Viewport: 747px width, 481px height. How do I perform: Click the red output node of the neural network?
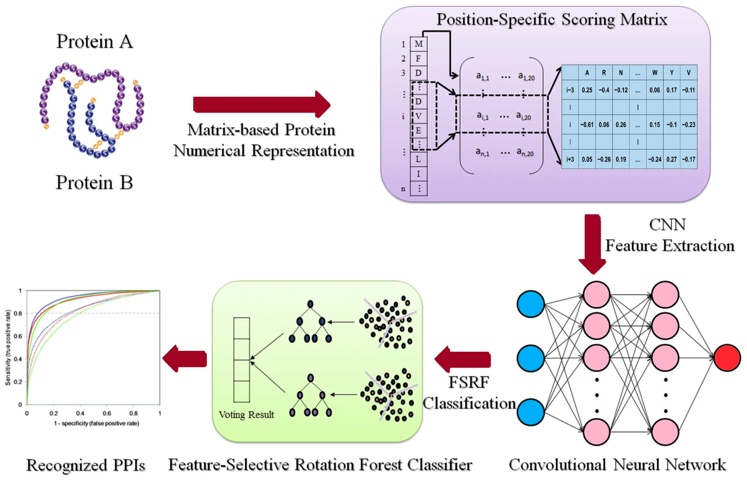pyautogui.click(x=727, y=358)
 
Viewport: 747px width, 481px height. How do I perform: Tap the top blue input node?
pyautogui.click(x=530, y=304)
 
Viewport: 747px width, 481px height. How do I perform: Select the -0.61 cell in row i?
pyautogui.click(x=587, y=125)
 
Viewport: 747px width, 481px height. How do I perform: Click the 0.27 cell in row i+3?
pyautogui.click(x=671, y=159)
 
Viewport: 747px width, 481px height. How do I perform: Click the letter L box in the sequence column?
pyautogui.click(x=418, y=159)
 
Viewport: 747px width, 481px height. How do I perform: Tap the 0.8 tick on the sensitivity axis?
pyautogui.click(x=20, y=313)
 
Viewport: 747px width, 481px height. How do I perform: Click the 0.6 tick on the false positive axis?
pyautogui.click(x=107, y=413)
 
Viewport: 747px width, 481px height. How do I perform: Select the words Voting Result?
pyautogui.click(x=246, y=415)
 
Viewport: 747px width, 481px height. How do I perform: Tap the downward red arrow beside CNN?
pyautogui.click(x=592, y=244)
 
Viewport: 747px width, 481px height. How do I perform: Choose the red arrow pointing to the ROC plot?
pyautogui.click(x=185, y=359)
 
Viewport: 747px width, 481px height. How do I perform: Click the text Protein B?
pyautogui.click(x=94, y=182)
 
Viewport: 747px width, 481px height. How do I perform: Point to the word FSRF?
pyautogui.click(x=469, y=382)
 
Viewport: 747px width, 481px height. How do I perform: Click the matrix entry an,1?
pyautogui.click(x=482, y=152)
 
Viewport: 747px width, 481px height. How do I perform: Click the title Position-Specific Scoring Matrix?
pyautogui.click(x=551, y=19)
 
